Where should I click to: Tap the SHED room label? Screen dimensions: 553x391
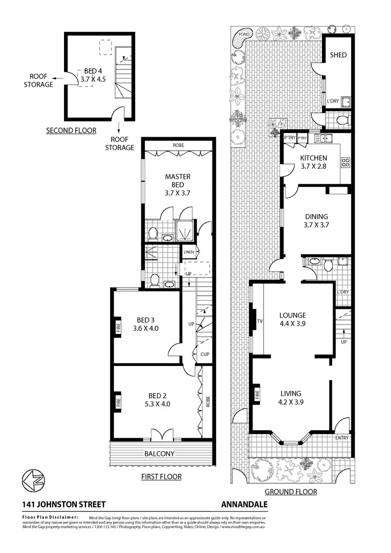point(338,55)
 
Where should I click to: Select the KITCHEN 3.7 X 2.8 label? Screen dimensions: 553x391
point(314,162)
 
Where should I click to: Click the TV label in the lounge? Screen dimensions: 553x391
point(259,322)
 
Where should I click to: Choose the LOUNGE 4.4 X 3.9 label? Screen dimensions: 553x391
point(292,319)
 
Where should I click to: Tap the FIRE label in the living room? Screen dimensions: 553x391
point(257,395)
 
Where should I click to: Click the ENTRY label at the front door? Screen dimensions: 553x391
point(342,438)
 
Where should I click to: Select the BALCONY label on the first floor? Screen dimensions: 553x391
point(159,454)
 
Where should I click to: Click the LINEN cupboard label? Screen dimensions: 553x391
point(188,252)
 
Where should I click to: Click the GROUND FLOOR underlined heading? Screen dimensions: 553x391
point(290,492)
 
